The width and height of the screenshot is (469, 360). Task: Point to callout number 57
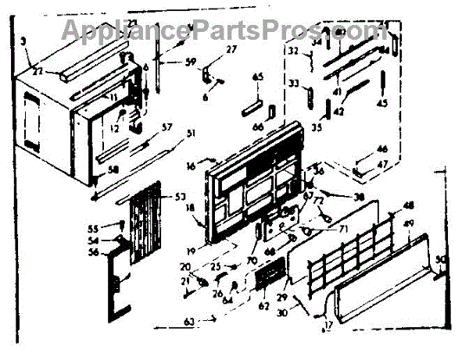[166, 126]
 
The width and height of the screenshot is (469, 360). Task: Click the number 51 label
[191, 142]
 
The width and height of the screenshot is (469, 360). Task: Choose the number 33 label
[295, 84]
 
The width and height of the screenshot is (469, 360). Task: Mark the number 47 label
[383, 164]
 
